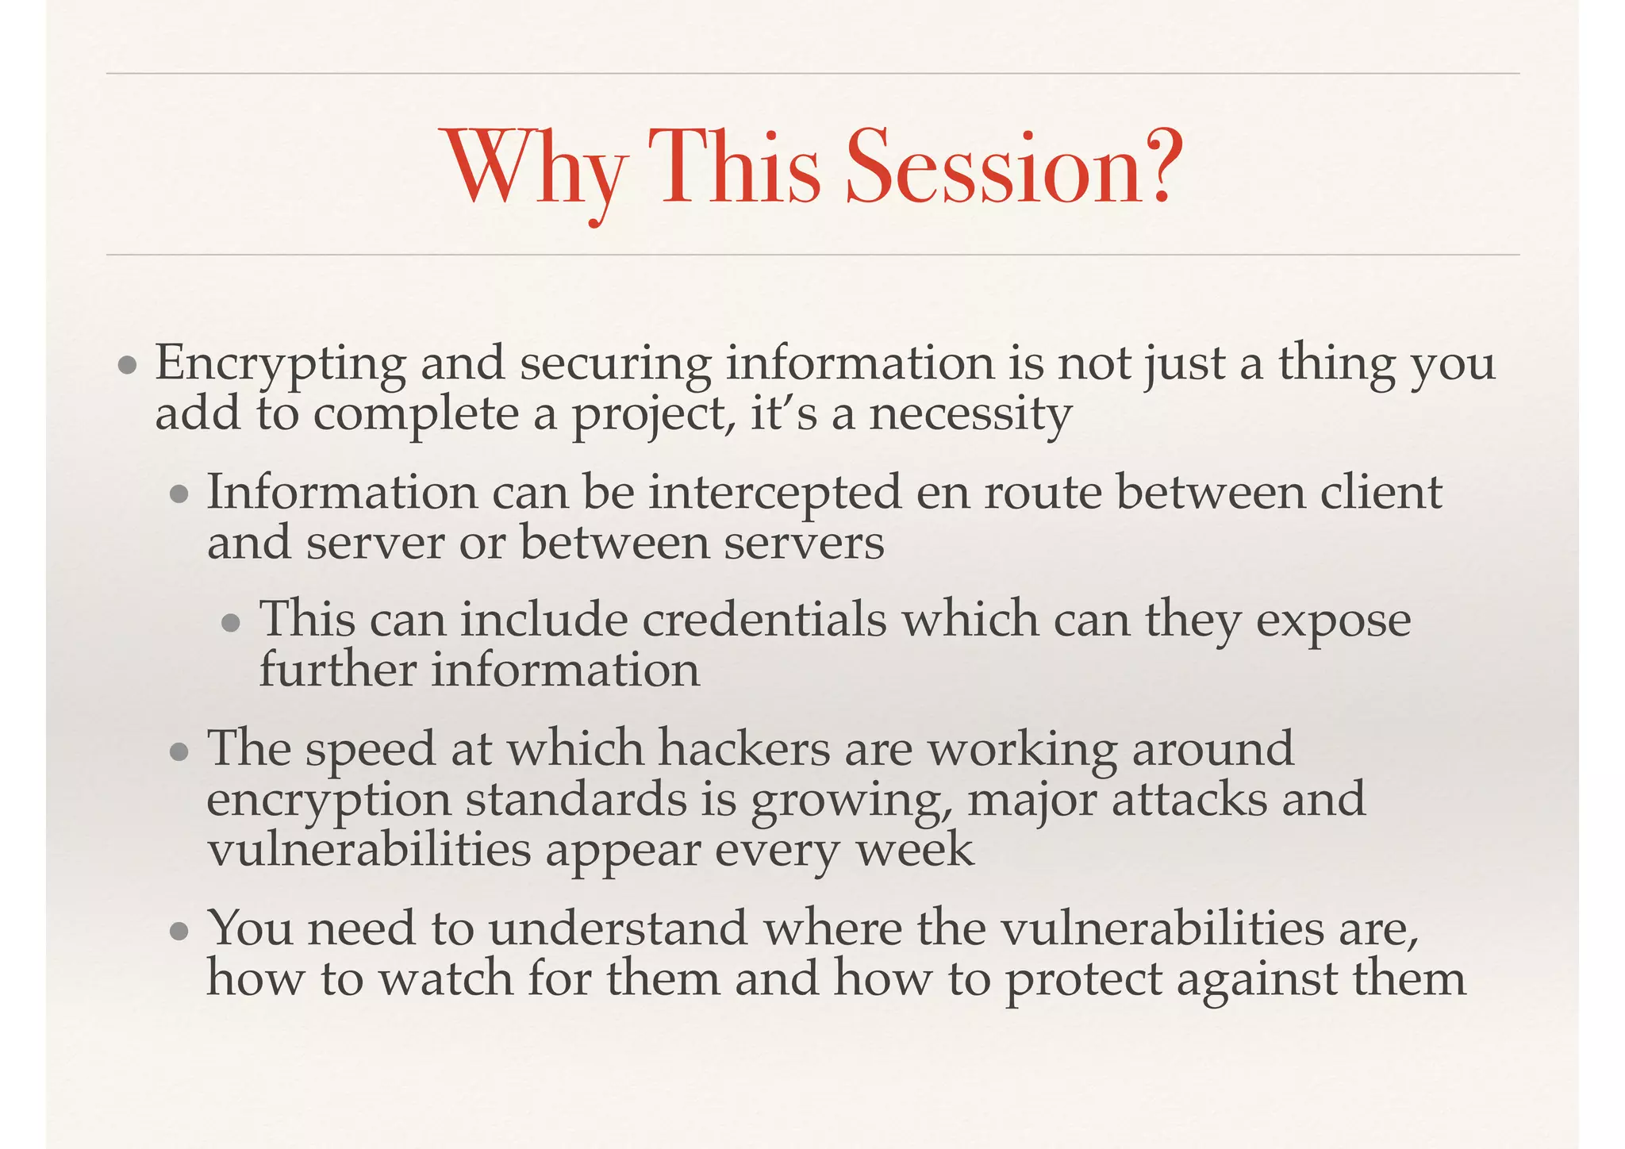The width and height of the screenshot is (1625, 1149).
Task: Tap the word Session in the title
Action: (985, 168)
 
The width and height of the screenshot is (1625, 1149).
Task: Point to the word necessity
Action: (970, 416)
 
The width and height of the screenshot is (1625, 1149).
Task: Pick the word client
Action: (1381, 492)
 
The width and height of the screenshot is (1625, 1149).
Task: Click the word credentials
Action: (764, 620)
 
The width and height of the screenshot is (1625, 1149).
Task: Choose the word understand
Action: (618, 928)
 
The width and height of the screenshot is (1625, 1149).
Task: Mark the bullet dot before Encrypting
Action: (127, 367)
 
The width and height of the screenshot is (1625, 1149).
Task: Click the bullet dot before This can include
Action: (232, 623)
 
